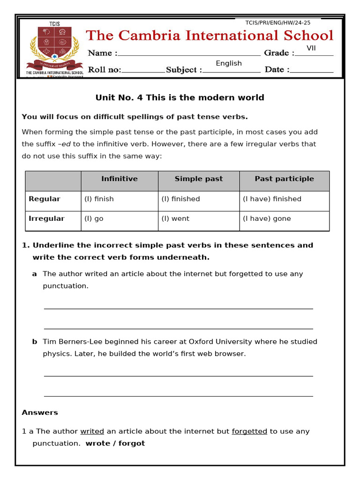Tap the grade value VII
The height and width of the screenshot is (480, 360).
312,48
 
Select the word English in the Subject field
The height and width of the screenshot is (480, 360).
229,63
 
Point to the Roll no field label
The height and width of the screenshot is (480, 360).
105,70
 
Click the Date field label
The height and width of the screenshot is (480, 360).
277,70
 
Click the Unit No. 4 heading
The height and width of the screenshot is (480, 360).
180,97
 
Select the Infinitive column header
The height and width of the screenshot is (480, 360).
120,179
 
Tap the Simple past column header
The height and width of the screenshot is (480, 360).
199,179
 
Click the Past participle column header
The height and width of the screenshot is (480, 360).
285,179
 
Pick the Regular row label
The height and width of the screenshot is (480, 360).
45,199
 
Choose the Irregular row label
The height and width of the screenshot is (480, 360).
46,218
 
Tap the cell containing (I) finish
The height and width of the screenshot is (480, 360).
99,199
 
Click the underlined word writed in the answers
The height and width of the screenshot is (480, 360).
92,431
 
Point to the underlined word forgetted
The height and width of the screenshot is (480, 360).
249,431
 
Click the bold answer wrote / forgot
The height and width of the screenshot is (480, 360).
115,443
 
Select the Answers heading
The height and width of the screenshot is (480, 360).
40,412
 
